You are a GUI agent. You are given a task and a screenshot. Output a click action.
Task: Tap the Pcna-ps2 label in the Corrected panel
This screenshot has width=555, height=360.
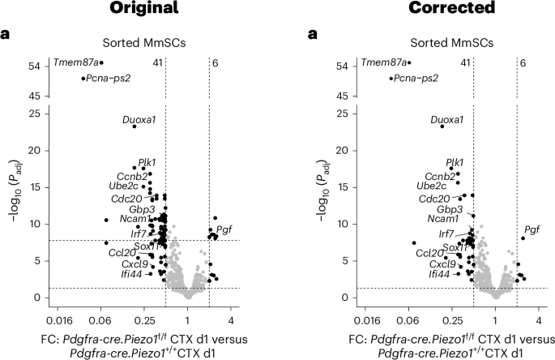(416, 79)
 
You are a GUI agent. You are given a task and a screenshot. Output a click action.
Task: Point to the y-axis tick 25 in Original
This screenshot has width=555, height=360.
(34, 113)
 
